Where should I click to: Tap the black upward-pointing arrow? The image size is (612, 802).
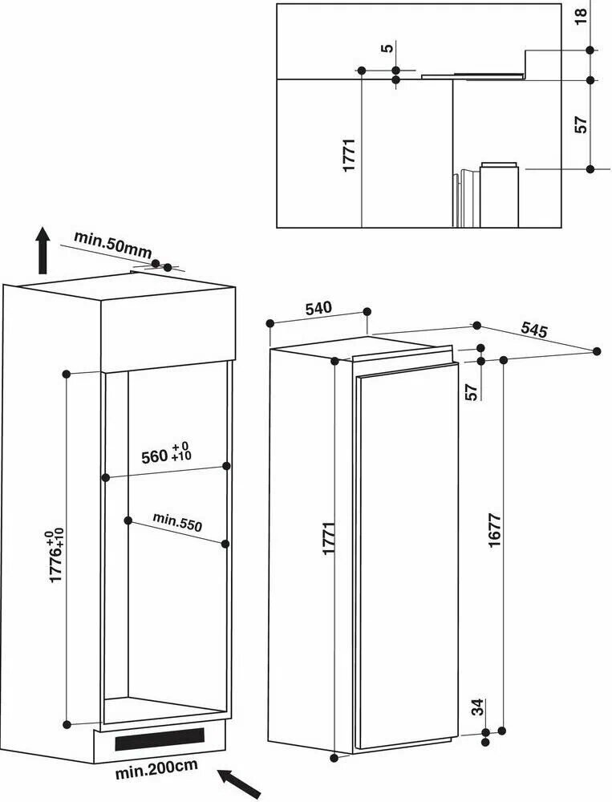click(43, 249)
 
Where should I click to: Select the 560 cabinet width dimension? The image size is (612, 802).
click(164, 454)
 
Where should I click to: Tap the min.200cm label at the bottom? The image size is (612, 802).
click(156, 769)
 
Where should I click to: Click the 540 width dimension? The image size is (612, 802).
click(318, 308)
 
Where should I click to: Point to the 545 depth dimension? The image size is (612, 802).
click(533, 329)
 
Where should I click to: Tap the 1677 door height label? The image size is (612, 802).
click(494, 529)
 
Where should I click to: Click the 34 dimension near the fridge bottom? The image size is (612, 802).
click(477, 707)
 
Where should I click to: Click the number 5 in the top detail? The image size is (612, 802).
click(388, 48)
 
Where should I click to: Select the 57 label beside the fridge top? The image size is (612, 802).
click(472, 391)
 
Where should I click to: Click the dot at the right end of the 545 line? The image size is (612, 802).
click(597, 351)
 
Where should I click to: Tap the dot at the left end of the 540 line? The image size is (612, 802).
click(271, 322)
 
